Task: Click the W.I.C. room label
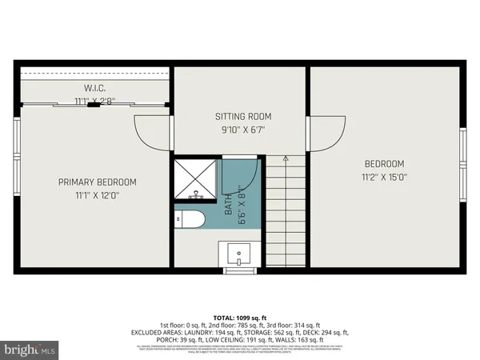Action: (95, 88)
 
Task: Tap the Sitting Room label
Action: (240, 115)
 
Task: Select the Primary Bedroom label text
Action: (97, 182)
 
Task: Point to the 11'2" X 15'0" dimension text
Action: (386, 178)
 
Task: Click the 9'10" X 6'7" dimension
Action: (240, 128)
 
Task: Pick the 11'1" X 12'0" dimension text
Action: (97, 195)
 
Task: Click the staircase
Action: (285, 212)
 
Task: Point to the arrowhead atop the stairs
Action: (285, 159)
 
